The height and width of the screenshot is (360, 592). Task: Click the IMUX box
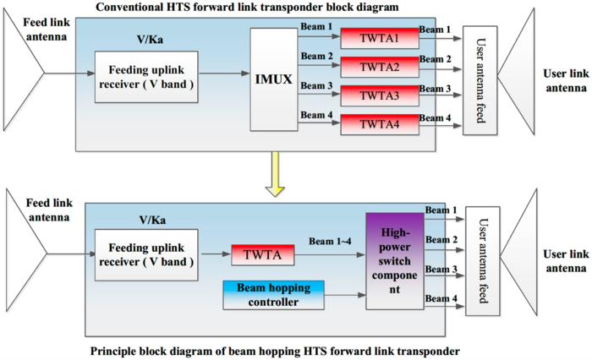(275, 79)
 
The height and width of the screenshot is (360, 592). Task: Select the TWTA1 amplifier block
(379, 37)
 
